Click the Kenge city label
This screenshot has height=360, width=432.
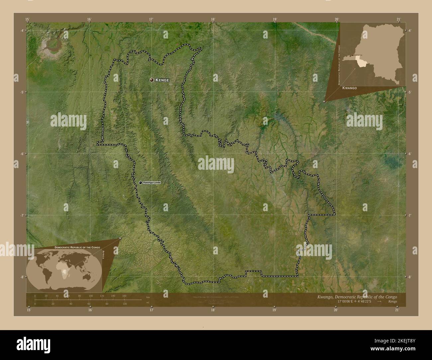pyautogui.click(x=162, y=80)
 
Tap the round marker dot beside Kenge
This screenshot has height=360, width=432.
pyautogui.click(x=152, y=80)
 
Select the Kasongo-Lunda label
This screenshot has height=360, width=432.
pyautogui.click(x=152, y=183)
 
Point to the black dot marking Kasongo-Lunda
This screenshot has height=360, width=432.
pyautogui.click(x=141, y=183)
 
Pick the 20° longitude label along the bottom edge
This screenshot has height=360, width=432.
pyautogui.click(x=336, y=310)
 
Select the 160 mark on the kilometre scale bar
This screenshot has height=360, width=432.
pyautogui.click(x=124, y=296)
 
